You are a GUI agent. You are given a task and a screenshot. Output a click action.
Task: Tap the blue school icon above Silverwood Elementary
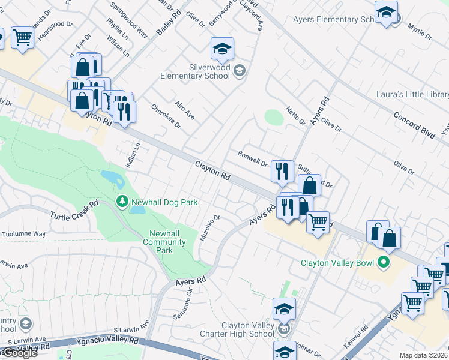tap(222, 49)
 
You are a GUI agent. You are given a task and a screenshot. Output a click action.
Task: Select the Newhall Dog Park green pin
tap(122, 202)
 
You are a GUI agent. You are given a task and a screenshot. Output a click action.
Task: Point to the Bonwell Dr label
tap(252, 158)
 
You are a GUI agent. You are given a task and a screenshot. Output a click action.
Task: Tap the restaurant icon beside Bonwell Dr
tap(282, 171)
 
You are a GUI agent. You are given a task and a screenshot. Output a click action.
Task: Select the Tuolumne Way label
tap(23, 234)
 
